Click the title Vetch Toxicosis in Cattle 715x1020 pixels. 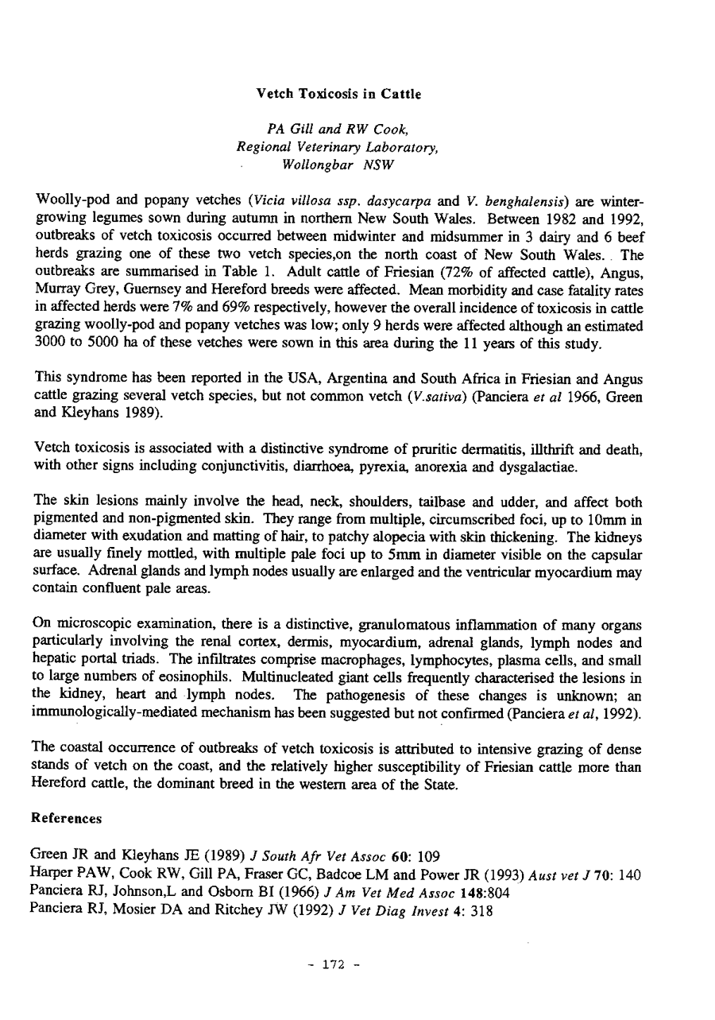[338, 94]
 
